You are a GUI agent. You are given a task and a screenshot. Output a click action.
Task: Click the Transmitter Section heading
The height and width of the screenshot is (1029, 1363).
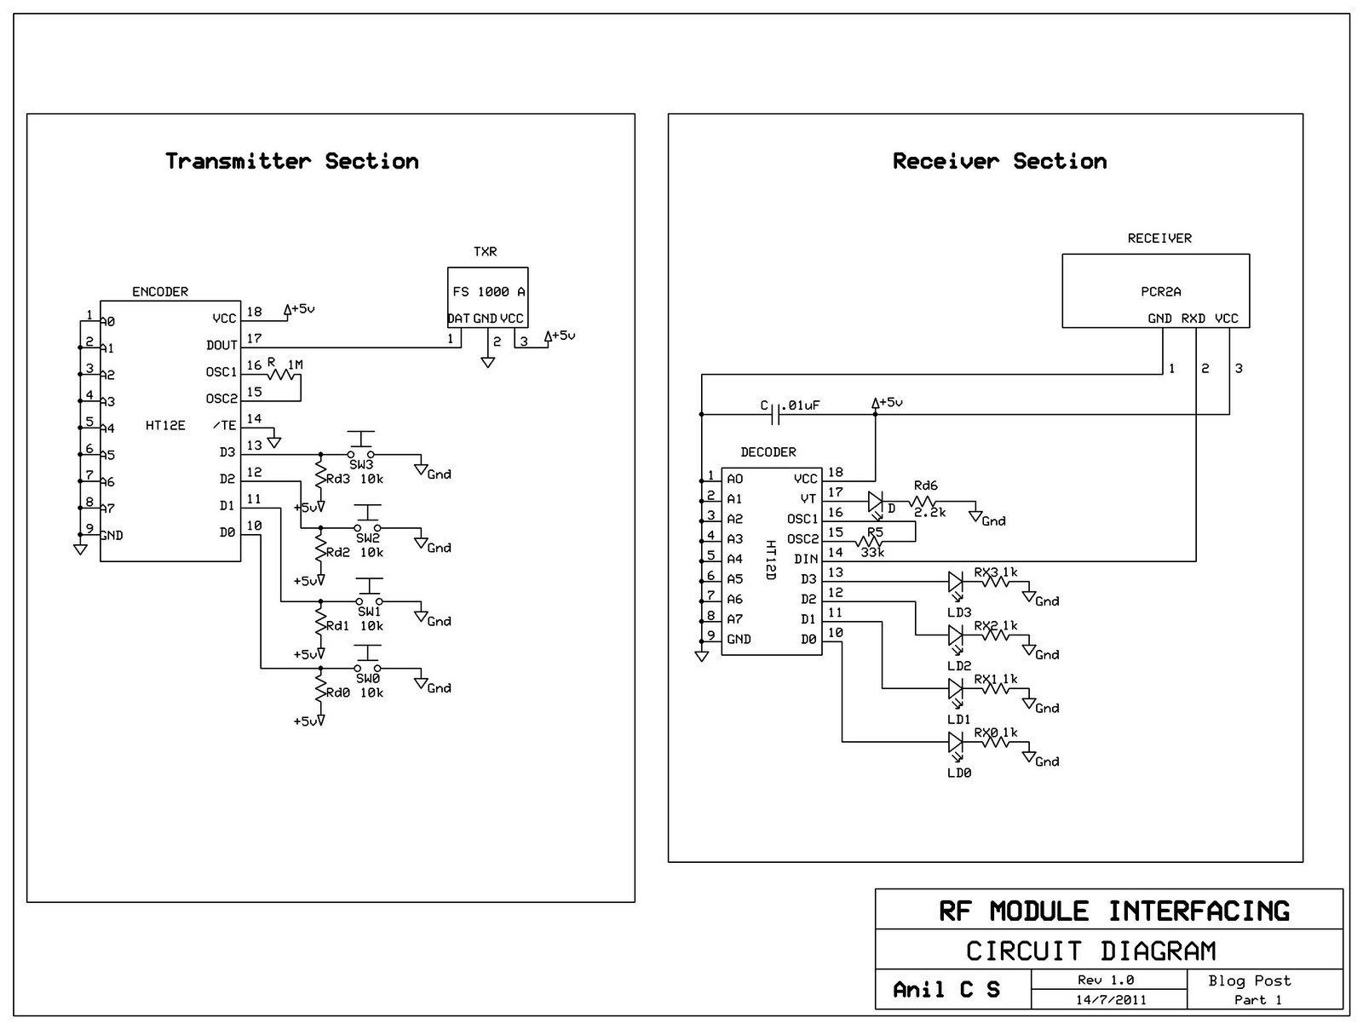(292, 161)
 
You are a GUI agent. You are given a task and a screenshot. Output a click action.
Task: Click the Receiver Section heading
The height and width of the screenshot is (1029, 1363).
(1000, 161)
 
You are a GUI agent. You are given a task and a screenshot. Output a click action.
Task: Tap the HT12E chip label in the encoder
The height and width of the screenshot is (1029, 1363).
(165, 425)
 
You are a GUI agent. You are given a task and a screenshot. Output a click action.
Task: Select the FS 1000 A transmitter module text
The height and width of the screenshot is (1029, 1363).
(489, 291)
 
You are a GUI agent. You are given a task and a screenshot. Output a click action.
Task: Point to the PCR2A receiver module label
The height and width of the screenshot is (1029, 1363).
(1160, 291)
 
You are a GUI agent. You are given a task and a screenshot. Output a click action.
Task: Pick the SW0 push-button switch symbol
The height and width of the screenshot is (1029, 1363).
(368, 660)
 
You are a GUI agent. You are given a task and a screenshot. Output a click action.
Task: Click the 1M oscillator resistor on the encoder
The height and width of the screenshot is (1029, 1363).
(285, 374)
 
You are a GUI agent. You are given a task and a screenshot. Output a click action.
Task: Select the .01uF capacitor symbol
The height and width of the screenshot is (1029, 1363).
(775, 414)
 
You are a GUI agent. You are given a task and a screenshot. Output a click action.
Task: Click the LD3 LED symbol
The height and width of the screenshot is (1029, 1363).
(956, 583)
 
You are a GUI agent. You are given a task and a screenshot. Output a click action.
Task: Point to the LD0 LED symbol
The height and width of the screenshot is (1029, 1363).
(956, 743)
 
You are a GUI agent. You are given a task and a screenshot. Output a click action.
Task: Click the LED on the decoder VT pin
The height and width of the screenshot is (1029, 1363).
(875, 502)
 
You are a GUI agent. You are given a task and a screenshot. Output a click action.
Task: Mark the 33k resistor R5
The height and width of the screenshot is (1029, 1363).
(870, 542)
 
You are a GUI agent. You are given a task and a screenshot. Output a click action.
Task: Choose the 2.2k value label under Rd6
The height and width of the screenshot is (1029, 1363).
(929, 513)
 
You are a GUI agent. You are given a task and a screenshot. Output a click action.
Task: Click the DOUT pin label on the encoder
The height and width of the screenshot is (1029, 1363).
(221, 345)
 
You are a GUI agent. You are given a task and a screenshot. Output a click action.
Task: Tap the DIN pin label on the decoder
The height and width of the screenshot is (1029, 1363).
(806, 559)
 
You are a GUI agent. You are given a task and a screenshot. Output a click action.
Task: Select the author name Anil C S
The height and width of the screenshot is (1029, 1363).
(946, 989)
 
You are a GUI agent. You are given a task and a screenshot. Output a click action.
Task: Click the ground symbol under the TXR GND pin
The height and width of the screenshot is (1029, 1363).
(488, 361)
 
